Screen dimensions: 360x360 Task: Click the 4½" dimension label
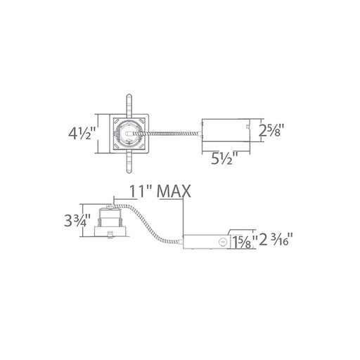(82, 133)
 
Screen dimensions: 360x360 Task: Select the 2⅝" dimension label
(271, 130)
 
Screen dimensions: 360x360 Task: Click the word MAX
(174, 191)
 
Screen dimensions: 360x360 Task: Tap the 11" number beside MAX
(141, 191)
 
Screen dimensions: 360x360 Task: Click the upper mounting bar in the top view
(129, 105)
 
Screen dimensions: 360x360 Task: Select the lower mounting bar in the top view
(129, 162)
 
